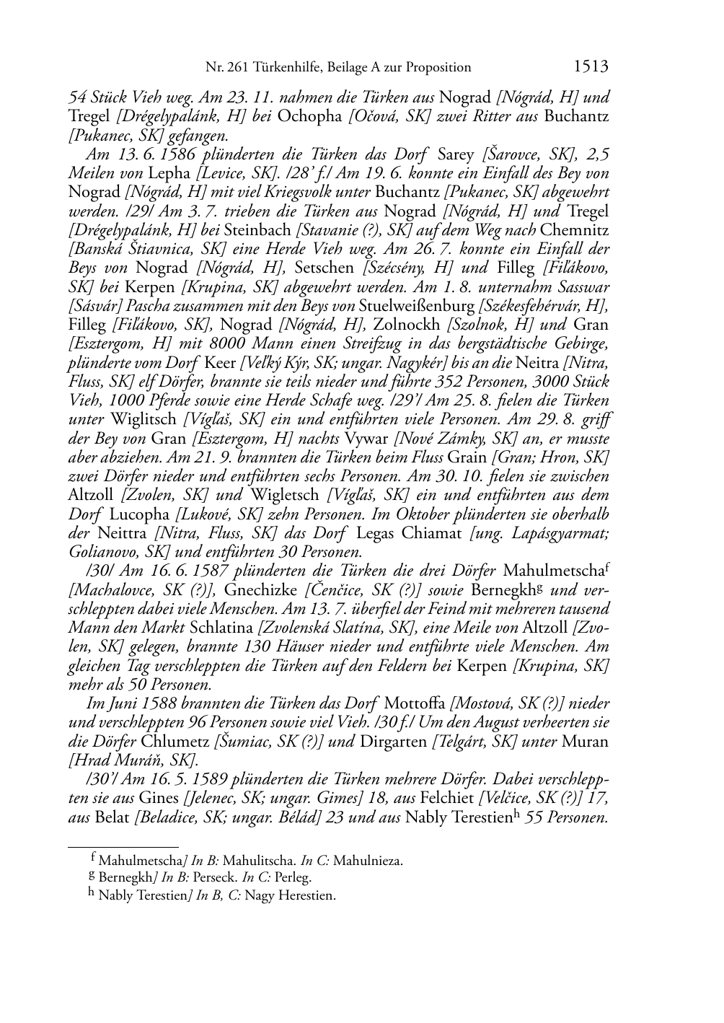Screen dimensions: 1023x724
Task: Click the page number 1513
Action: point(591,67)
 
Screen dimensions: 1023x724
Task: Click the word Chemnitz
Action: point(574,230)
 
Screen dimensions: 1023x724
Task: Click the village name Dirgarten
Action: point(391,742)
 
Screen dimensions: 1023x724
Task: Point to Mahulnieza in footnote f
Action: point(368,861)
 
